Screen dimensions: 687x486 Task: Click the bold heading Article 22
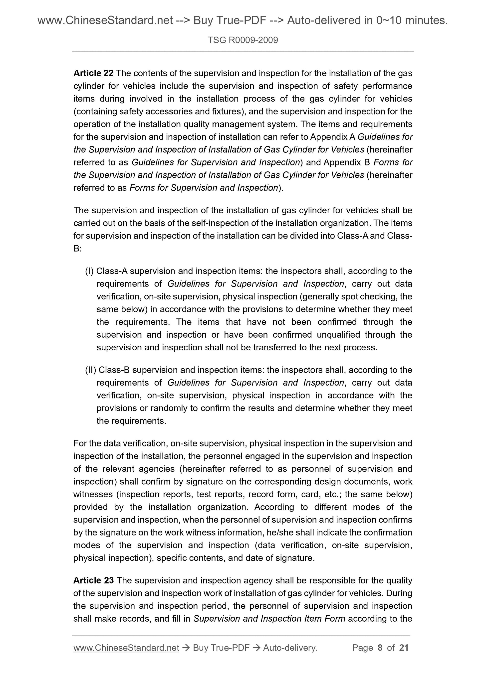(93, 73)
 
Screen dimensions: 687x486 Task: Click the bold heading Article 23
(93, 580)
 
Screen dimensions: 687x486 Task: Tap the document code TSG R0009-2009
(243, 40)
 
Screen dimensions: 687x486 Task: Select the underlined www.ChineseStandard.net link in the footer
(126, 648)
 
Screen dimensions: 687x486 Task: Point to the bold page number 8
(380, 648)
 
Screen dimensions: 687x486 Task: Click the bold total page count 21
(404, 648)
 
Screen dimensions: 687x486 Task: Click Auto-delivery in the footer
(290, 648)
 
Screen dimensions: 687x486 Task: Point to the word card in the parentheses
(310, 494)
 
